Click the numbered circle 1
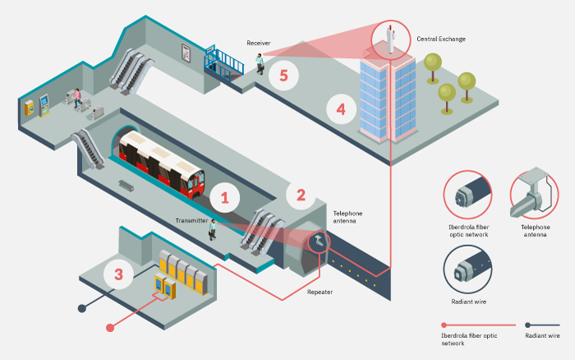(224, 197)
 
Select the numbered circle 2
(301, 195)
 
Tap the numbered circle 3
(118, 274)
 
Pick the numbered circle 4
(341, 108)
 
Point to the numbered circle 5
(283, 76)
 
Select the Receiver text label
(260, 42)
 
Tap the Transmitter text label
(192, 220)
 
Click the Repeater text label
(320, 292)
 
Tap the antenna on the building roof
(388, 38)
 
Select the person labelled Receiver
(260, 62)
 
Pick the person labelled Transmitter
(212, 229)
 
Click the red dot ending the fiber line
(110, 328)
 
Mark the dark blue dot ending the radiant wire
(80, 309)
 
